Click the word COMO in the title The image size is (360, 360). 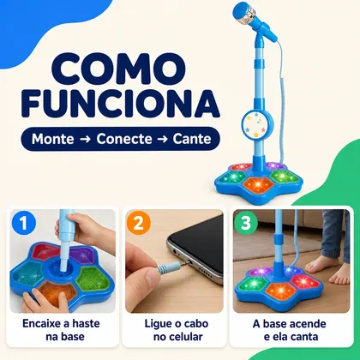pyautogui.click(x=118, y=70)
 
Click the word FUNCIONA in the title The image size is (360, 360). pyautogui.click(x=121, y=104)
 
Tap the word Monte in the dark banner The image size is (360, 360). pyautogui.click(x=52, y=139)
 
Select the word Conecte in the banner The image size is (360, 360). pyautogui.click(x=124, y=139)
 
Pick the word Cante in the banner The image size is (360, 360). pyautogui.click(x=192, y=139)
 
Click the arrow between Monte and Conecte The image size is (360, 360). pyautogui.click(x=85, y=140)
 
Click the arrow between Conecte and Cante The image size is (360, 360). pyautogui.click(x=163, y=140)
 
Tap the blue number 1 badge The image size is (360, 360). pyautogui.click(x=24, y=223)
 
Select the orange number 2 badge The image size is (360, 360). pyautogui.click(x=139, y=223)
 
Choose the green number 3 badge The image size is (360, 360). pyautogui.click(x=246, y=223)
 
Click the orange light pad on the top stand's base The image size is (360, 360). pyautogui.click(x=258, y=184)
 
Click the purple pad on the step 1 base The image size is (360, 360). pyautogui.click(x=84, y=255)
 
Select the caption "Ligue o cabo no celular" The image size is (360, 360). pyautogui.click(x=177, y=330)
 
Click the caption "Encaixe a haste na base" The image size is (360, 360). pyautogui.click(x=61, y=330)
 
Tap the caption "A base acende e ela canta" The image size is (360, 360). pyautogui.click(x=290, y=330)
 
